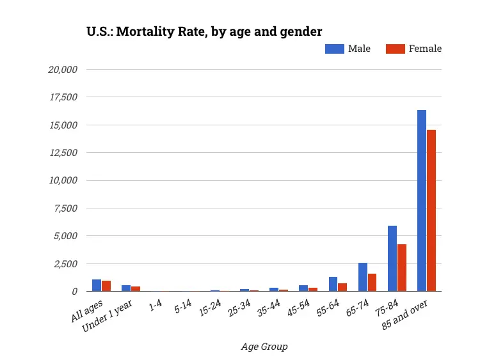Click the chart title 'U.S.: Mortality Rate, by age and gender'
pos(204,31)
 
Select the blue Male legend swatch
pos(334,49)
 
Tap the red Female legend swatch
pos(396,49)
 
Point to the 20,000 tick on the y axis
pos(63,69)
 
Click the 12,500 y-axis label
pos(63,152)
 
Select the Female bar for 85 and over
pos(431,210)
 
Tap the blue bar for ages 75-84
pos(392,258)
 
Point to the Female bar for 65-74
pos(372,282)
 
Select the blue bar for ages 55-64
pos(333,284)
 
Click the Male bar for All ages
pos(96,285)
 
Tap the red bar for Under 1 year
pos(136,288)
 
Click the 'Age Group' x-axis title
pos(264,347)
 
